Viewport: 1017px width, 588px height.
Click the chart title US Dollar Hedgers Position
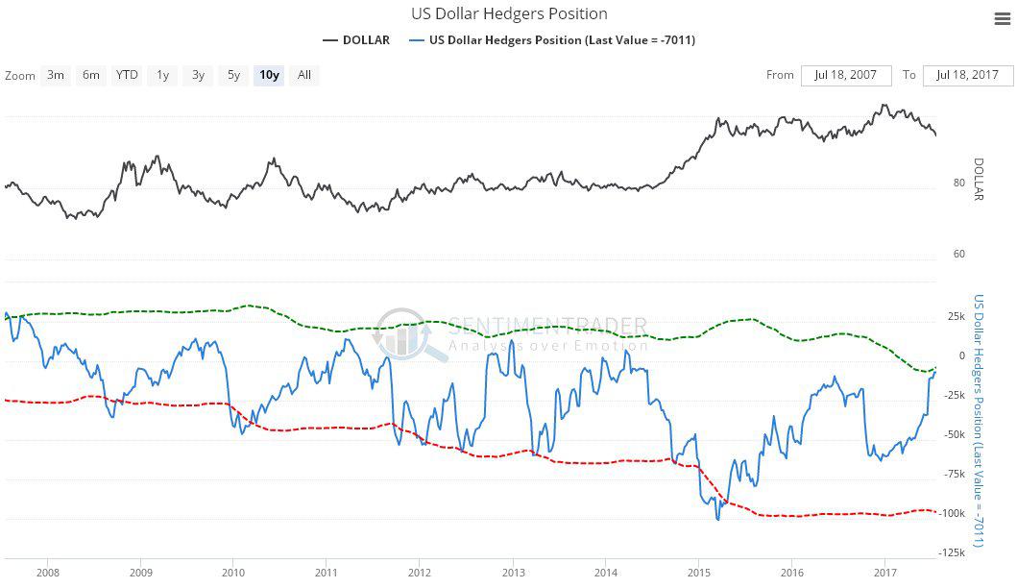coord(508,13)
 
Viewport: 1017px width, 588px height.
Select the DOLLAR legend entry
coord(356,40)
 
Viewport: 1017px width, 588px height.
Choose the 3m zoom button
coord(57,75)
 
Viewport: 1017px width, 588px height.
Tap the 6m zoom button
coord(91,75)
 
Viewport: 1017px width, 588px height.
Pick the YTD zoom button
coord(127,75)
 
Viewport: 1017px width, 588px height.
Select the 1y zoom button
coord(163,75)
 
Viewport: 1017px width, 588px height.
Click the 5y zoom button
coord(233,75)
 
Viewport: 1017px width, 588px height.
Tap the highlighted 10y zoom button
coord(269,75)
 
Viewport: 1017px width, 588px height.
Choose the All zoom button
coord(304,75)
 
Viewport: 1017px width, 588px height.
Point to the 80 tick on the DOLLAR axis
coord(958,183)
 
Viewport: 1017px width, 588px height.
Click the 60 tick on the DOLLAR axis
coord(958,255)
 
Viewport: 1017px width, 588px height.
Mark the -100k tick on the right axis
coord(953,513)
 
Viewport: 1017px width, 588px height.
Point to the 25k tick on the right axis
coord(956,316)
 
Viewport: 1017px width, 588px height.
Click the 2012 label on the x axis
coord(419,573)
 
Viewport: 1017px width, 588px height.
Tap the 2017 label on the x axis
coord(884,573)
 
